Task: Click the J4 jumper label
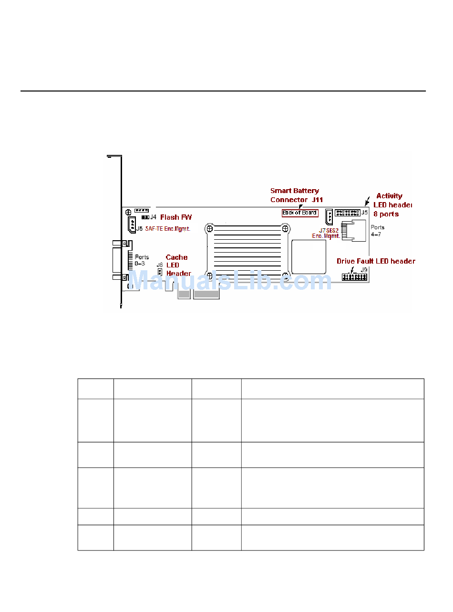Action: point(154,217)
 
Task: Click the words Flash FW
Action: point(176,217)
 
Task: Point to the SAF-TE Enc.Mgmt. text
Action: point(168,229)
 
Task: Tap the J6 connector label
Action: point(139,229)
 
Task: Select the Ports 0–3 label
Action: point(142,260)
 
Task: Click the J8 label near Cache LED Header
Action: point(160,265)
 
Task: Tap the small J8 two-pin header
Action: point(161,273)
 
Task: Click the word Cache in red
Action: point(176,257)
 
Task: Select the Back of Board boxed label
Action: point(299,213)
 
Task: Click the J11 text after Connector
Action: point(317,200)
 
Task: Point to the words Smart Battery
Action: point(294,191)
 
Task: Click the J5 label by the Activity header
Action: point(365,212)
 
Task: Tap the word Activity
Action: point(389,196)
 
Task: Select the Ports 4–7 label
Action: point(377,231)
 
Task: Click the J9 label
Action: point(365,270)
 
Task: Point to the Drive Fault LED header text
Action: point(376,261)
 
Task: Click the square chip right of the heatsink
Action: point(309,257)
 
